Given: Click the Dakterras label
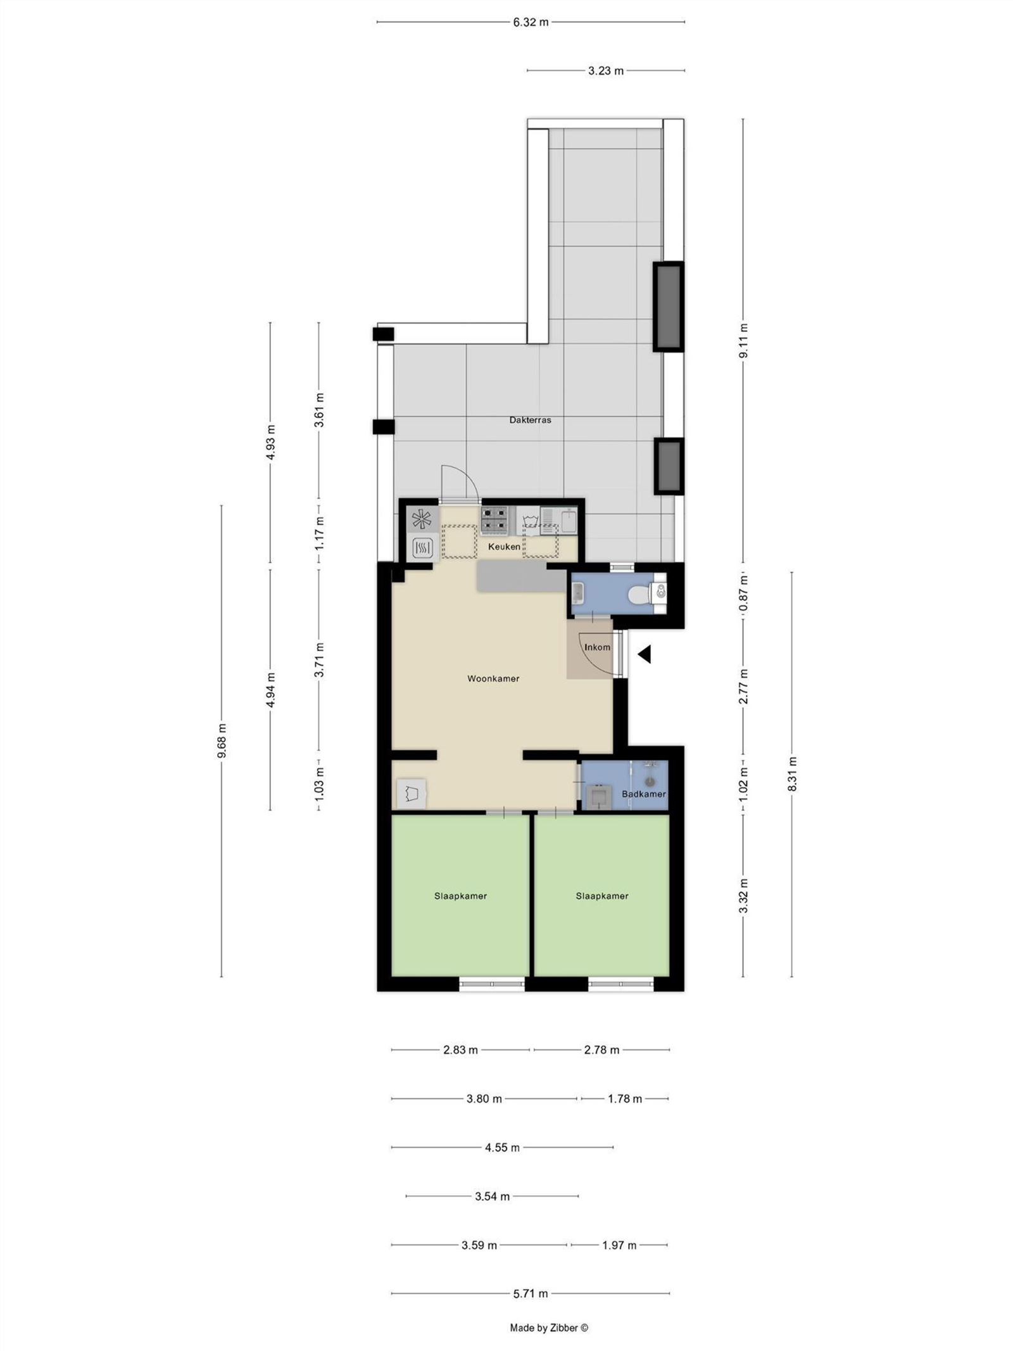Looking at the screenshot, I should point(530,420).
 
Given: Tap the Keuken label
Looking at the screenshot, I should point(504,547).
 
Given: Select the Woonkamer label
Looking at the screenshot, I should point(493,679).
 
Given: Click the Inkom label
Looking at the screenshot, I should point(597,647).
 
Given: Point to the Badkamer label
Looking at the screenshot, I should point(643,794).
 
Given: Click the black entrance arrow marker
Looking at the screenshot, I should point(645,655).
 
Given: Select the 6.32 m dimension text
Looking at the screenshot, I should point(531,22).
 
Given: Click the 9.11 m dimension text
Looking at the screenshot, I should point(743,341).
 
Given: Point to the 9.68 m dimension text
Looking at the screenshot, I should point(221,740).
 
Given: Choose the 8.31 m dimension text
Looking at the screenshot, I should point(792,773).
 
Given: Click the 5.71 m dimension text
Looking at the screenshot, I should point(531,1293).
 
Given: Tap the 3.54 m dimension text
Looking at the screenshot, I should point(492,1196).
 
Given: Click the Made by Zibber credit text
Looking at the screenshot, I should point(549,1328).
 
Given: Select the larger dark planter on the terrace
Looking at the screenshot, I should point(669,307).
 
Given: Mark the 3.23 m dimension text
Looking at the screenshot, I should point(606,71).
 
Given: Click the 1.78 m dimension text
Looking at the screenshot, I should point(625,1099).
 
